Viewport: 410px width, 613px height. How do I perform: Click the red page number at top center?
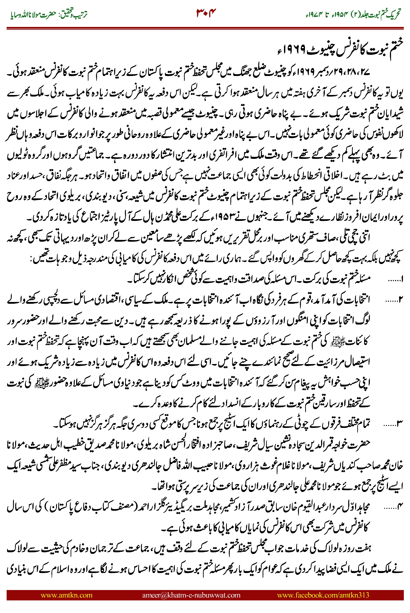(x=206, y=13)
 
